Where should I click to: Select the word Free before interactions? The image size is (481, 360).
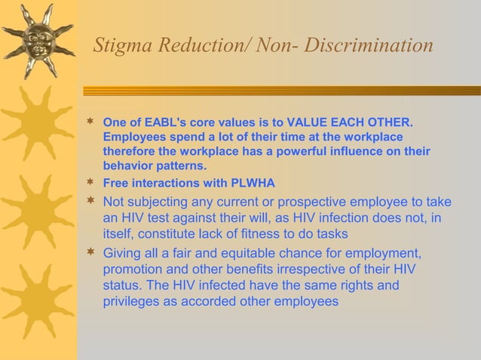(115, 183)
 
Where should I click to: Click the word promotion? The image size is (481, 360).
(133, 270)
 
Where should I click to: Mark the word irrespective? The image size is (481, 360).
(315, 270)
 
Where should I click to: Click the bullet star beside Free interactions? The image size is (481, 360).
(90, 183)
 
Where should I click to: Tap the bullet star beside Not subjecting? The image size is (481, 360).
(90, 201)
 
